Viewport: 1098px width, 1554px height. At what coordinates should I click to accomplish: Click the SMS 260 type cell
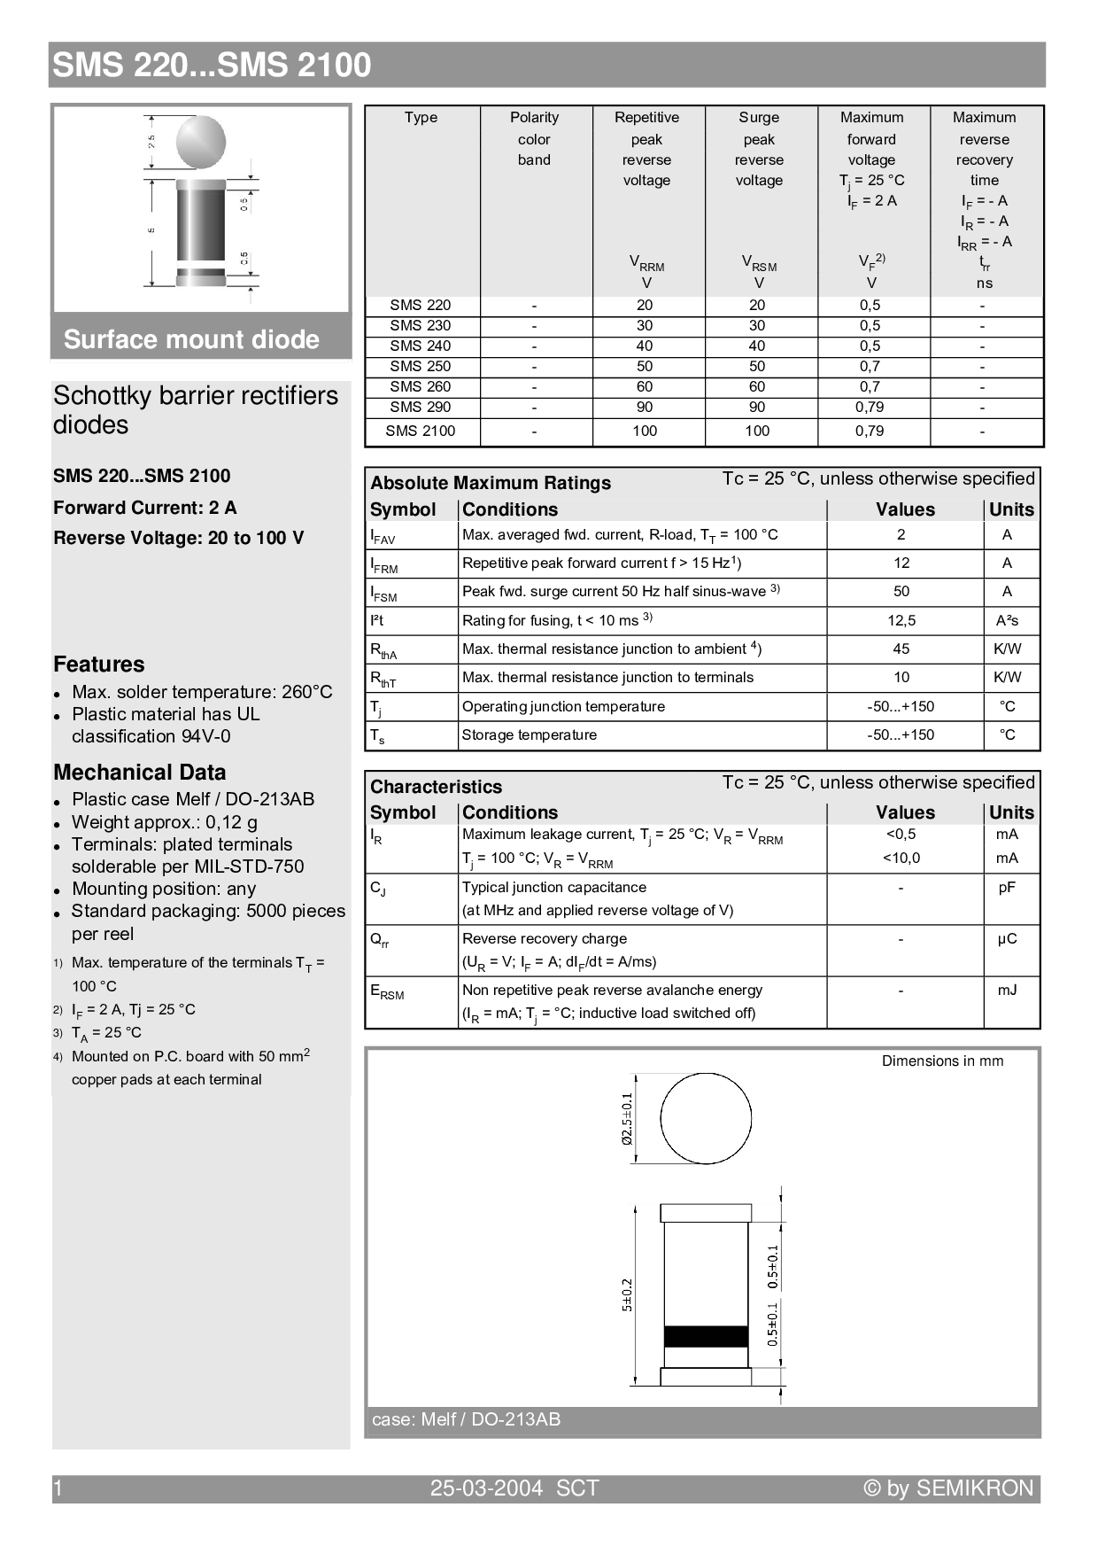coord(420,387)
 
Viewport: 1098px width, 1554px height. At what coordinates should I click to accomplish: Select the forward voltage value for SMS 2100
coord(870,431)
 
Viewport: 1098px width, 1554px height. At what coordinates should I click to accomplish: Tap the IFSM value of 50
coord(901,592)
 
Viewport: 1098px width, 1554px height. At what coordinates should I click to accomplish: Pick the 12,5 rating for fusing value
coord(901,621)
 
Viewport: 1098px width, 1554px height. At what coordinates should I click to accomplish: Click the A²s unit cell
coord(1007,621)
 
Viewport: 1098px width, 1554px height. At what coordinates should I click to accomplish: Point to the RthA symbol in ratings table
coord(383,650)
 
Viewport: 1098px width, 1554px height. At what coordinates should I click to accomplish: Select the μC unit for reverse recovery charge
coord(1007,939)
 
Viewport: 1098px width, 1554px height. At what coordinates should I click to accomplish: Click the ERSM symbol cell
coord(387,992)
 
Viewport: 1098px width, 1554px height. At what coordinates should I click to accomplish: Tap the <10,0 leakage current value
coord(901,859)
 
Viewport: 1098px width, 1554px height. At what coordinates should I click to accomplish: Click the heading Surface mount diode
coord(191,340)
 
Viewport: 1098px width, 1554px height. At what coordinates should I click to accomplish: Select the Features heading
coord(98,664)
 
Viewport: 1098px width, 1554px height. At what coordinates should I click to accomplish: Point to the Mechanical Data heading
coord(139,773)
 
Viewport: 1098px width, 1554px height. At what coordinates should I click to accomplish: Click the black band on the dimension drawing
coord(706,1336)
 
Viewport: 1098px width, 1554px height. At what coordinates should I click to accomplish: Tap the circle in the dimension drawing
coord(706,1118)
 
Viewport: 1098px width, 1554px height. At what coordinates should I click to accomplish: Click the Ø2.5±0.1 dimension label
coord(627,1118)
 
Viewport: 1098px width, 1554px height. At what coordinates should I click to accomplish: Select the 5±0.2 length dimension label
coord(627,1295)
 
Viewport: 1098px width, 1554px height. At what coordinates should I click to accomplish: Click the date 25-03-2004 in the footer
coord(486,1488)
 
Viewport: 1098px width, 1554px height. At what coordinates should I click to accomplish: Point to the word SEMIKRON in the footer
coord(974,1488)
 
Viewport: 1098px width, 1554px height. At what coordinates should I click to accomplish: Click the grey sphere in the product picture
coord(201,142)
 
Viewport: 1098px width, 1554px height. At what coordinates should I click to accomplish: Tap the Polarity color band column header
coord(534,139)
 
